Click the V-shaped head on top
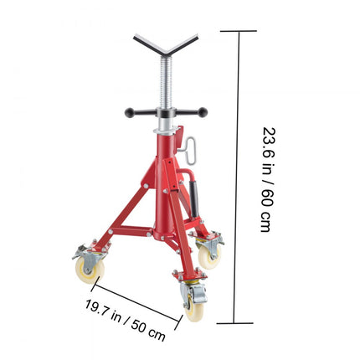tap(166, 47)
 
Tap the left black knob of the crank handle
tap(130, 112)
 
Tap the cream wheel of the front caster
tap(194, 309)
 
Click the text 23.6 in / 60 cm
tap(266, 179)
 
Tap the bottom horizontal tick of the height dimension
tap(234, 322)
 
